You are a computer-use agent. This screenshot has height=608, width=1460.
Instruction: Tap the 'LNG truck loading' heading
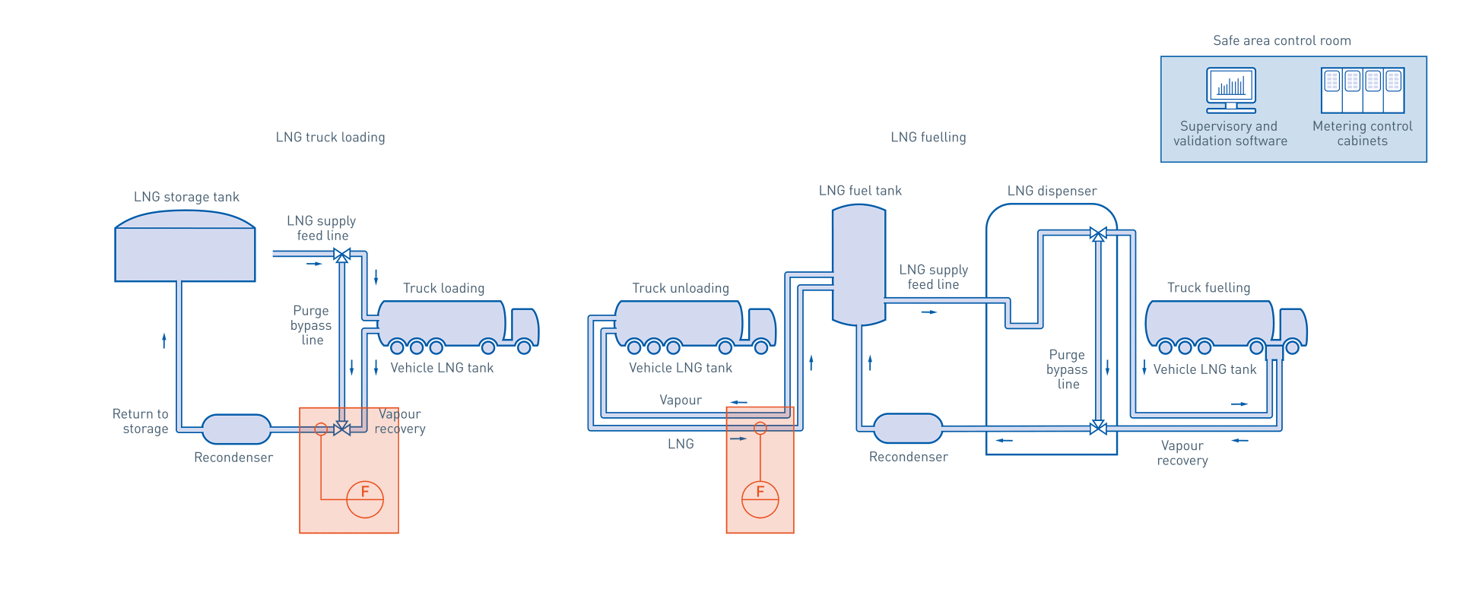[330, 138]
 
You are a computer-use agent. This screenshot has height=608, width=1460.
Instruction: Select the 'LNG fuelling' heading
[928, 138]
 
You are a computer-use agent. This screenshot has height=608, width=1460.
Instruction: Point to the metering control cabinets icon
[1362, 90]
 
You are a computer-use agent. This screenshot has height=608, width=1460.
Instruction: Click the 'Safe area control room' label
[1281, 41]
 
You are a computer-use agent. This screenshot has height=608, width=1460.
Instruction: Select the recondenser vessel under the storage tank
[236, 429]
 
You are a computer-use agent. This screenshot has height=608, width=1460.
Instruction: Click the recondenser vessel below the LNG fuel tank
[907, 429]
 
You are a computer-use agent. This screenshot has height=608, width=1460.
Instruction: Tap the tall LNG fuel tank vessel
[859, 264]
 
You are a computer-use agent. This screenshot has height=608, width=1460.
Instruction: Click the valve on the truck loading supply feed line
[342, 255]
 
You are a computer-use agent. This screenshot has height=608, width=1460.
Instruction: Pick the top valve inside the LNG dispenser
[1097, 234]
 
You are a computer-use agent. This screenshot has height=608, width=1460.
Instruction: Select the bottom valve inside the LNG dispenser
[1097, 428]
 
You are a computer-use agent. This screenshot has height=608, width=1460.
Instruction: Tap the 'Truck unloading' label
[680, 289]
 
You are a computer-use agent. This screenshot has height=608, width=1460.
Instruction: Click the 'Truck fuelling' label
[1208, 288]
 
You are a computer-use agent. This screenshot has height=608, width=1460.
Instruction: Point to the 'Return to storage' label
[141, 421]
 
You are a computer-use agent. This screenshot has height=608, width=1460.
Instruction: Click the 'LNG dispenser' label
[1051, 192]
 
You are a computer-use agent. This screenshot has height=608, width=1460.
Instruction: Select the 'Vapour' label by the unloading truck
[680, 401]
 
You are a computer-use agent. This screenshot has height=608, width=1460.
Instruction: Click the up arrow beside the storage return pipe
[163, 340]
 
